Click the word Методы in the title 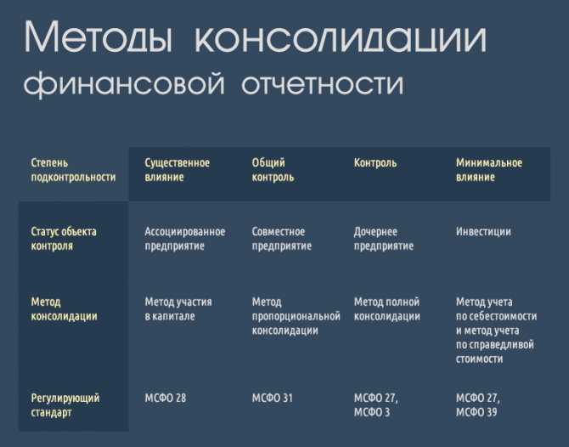98,37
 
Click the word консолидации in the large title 341,37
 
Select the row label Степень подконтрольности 73,170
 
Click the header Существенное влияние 177,170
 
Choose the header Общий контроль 273,170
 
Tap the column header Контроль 375,163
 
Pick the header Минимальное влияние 489,170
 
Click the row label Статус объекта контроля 64,239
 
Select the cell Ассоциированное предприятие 185,239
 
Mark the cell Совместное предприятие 282,239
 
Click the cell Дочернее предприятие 384,239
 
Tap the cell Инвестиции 483,232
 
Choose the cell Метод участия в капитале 178,309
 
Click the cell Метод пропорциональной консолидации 296,316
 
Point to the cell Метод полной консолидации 386,309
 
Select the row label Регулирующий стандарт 65,405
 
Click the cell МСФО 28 165,398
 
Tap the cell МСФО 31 272,398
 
